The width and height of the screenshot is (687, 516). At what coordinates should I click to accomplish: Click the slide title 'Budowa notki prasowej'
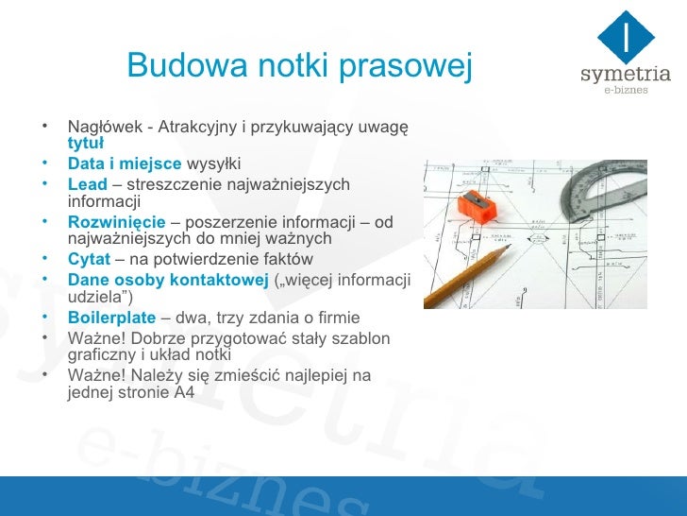[x=298, y=65]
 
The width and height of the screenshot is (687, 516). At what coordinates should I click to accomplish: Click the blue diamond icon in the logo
[x=627, y=34]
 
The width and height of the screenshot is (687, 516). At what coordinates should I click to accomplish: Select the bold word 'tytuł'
[x=86, y=145]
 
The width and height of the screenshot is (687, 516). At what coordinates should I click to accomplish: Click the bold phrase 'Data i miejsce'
[x=125, y=163]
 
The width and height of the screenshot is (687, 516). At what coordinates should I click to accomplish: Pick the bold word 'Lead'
[x=88, y=183]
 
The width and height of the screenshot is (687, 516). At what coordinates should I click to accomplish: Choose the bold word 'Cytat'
[x=90, y=260]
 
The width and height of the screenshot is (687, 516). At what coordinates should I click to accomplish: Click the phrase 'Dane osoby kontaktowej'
[x=168, y=280]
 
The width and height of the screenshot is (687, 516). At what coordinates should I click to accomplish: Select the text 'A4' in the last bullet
[x=185, y=393]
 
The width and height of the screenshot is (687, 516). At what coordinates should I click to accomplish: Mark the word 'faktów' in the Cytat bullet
[x=286, y=260]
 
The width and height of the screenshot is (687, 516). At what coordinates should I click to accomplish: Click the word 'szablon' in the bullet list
[x=363, y=338]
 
